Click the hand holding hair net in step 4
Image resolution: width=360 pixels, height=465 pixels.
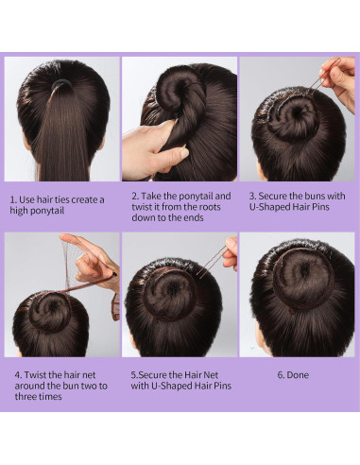coord(94,260)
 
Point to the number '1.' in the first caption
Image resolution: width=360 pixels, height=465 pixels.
coord(14,199)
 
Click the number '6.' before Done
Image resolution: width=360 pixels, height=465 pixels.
coord(282,374)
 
